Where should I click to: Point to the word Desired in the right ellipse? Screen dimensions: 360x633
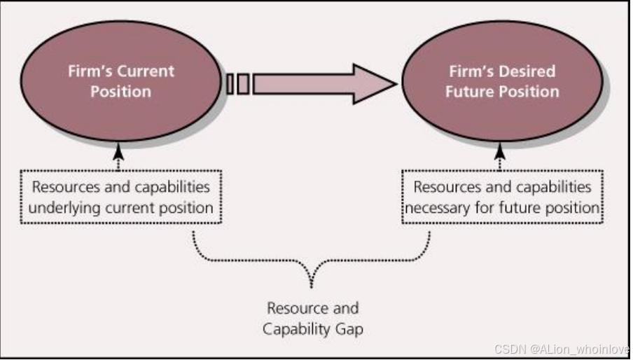tap(526, 71)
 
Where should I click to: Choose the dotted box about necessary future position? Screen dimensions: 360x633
tap(502, 197)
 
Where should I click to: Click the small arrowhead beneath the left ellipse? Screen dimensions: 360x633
tap(118, 149)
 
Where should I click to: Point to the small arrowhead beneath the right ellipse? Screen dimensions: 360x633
tap(499, 149)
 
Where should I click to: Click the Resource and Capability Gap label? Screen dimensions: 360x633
tap(312, 318)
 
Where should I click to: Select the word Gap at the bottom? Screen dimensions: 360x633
tap(348, 328)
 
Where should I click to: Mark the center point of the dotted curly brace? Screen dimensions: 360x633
tap(312, 280)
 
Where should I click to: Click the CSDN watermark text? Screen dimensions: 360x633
tap(560, 349)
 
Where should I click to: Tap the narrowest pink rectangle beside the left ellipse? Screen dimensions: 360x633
tap(230, 84)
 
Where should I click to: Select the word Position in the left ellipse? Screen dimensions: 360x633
tap(120, 92)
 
